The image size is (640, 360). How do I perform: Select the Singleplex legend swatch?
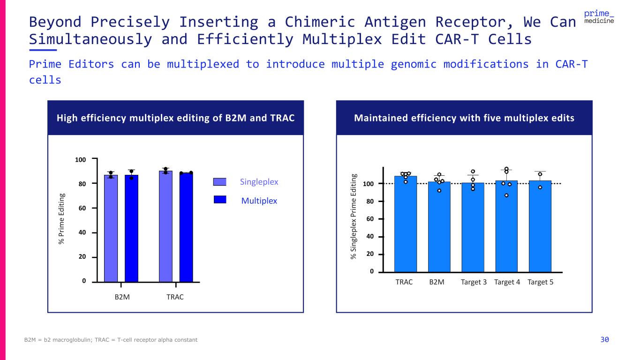click(x=220, y=182)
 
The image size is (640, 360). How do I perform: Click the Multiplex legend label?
click(x=259, y=201)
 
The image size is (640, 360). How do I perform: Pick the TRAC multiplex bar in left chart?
click(x=186, y=228)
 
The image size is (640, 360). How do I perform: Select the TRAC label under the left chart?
click(x=175, y=297)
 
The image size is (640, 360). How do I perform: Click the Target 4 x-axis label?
click(x=507, y=282)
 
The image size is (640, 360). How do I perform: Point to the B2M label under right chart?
click(x=437, y=282)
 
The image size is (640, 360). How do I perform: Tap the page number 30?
click(x=605, y=339)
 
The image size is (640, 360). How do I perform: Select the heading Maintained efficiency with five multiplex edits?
click(x=464, y=118)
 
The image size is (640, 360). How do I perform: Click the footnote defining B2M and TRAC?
click(x=111, y=340)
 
